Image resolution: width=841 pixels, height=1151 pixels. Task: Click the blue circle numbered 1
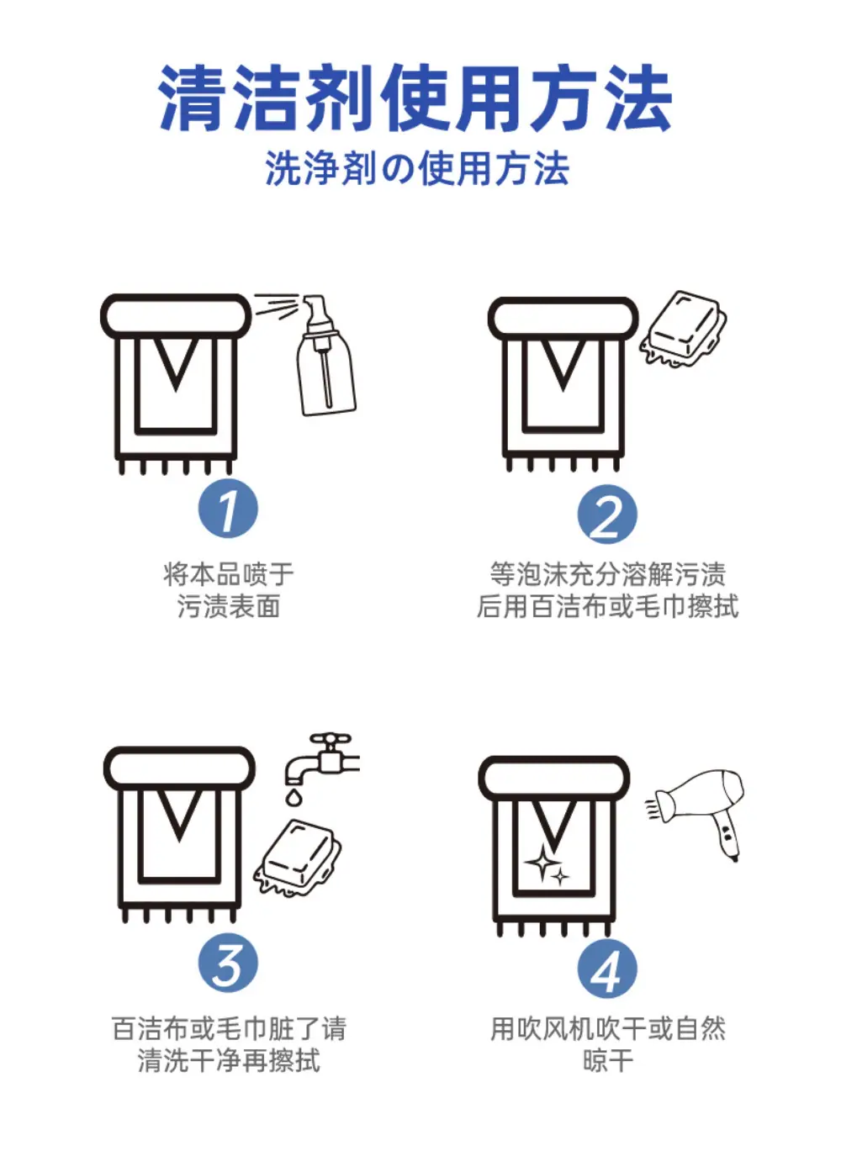click(228, 508)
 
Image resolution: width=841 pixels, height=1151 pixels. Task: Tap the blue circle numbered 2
click(607, 514)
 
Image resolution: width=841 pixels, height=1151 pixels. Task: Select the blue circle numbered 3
click(228, 963)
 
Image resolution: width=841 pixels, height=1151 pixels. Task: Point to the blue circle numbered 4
click(607, 968)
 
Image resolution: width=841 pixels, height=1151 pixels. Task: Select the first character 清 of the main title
click(193, 98)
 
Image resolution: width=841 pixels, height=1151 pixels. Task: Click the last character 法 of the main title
click(638, 98)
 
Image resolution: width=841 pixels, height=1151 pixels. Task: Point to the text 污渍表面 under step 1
click(228, 606)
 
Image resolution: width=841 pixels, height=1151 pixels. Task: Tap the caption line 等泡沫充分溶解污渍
click(607, 574)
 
